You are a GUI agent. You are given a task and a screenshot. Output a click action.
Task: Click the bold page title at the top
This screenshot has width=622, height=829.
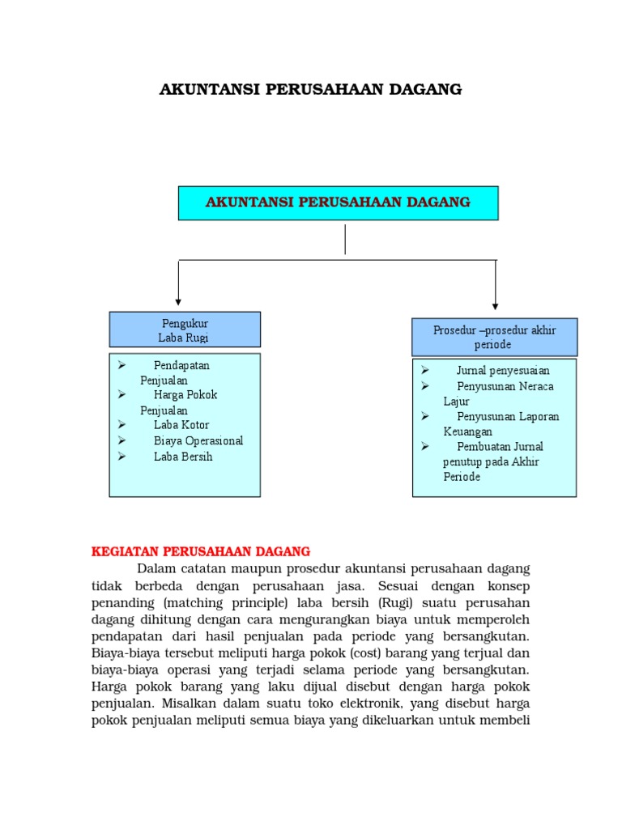click(311, 90)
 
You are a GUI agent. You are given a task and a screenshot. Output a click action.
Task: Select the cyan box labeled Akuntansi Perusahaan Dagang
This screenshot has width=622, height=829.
click(338, 202)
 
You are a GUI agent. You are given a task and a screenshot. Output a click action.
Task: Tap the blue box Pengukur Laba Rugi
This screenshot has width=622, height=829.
click(185, 330)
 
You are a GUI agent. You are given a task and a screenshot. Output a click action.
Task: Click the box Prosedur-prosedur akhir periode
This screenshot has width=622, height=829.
click(494, 337)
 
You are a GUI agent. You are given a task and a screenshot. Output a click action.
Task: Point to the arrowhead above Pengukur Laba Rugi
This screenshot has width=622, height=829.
click(178, 301)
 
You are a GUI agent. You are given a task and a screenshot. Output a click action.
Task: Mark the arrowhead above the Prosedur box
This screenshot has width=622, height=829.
click(496, 306)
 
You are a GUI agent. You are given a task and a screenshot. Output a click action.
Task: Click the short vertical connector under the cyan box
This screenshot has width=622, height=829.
click(346, 240)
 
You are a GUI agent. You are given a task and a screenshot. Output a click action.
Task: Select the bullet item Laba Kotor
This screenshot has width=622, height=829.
click(181, 425)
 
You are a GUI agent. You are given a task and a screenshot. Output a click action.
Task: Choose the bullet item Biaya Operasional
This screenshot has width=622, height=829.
click(198, 441)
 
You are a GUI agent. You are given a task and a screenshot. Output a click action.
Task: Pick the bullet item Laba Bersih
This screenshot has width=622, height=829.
click(183, 457)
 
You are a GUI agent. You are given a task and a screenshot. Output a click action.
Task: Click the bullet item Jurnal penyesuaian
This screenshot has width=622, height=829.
click(503, 371)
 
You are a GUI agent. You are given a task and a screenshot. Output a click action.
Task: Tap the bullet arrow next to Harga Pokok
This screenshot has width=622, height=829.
click(121, 394)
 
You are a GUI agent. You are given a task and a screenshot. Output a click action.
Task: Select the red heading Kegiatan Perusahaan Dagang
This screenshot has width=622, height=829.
click(201, 551)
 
